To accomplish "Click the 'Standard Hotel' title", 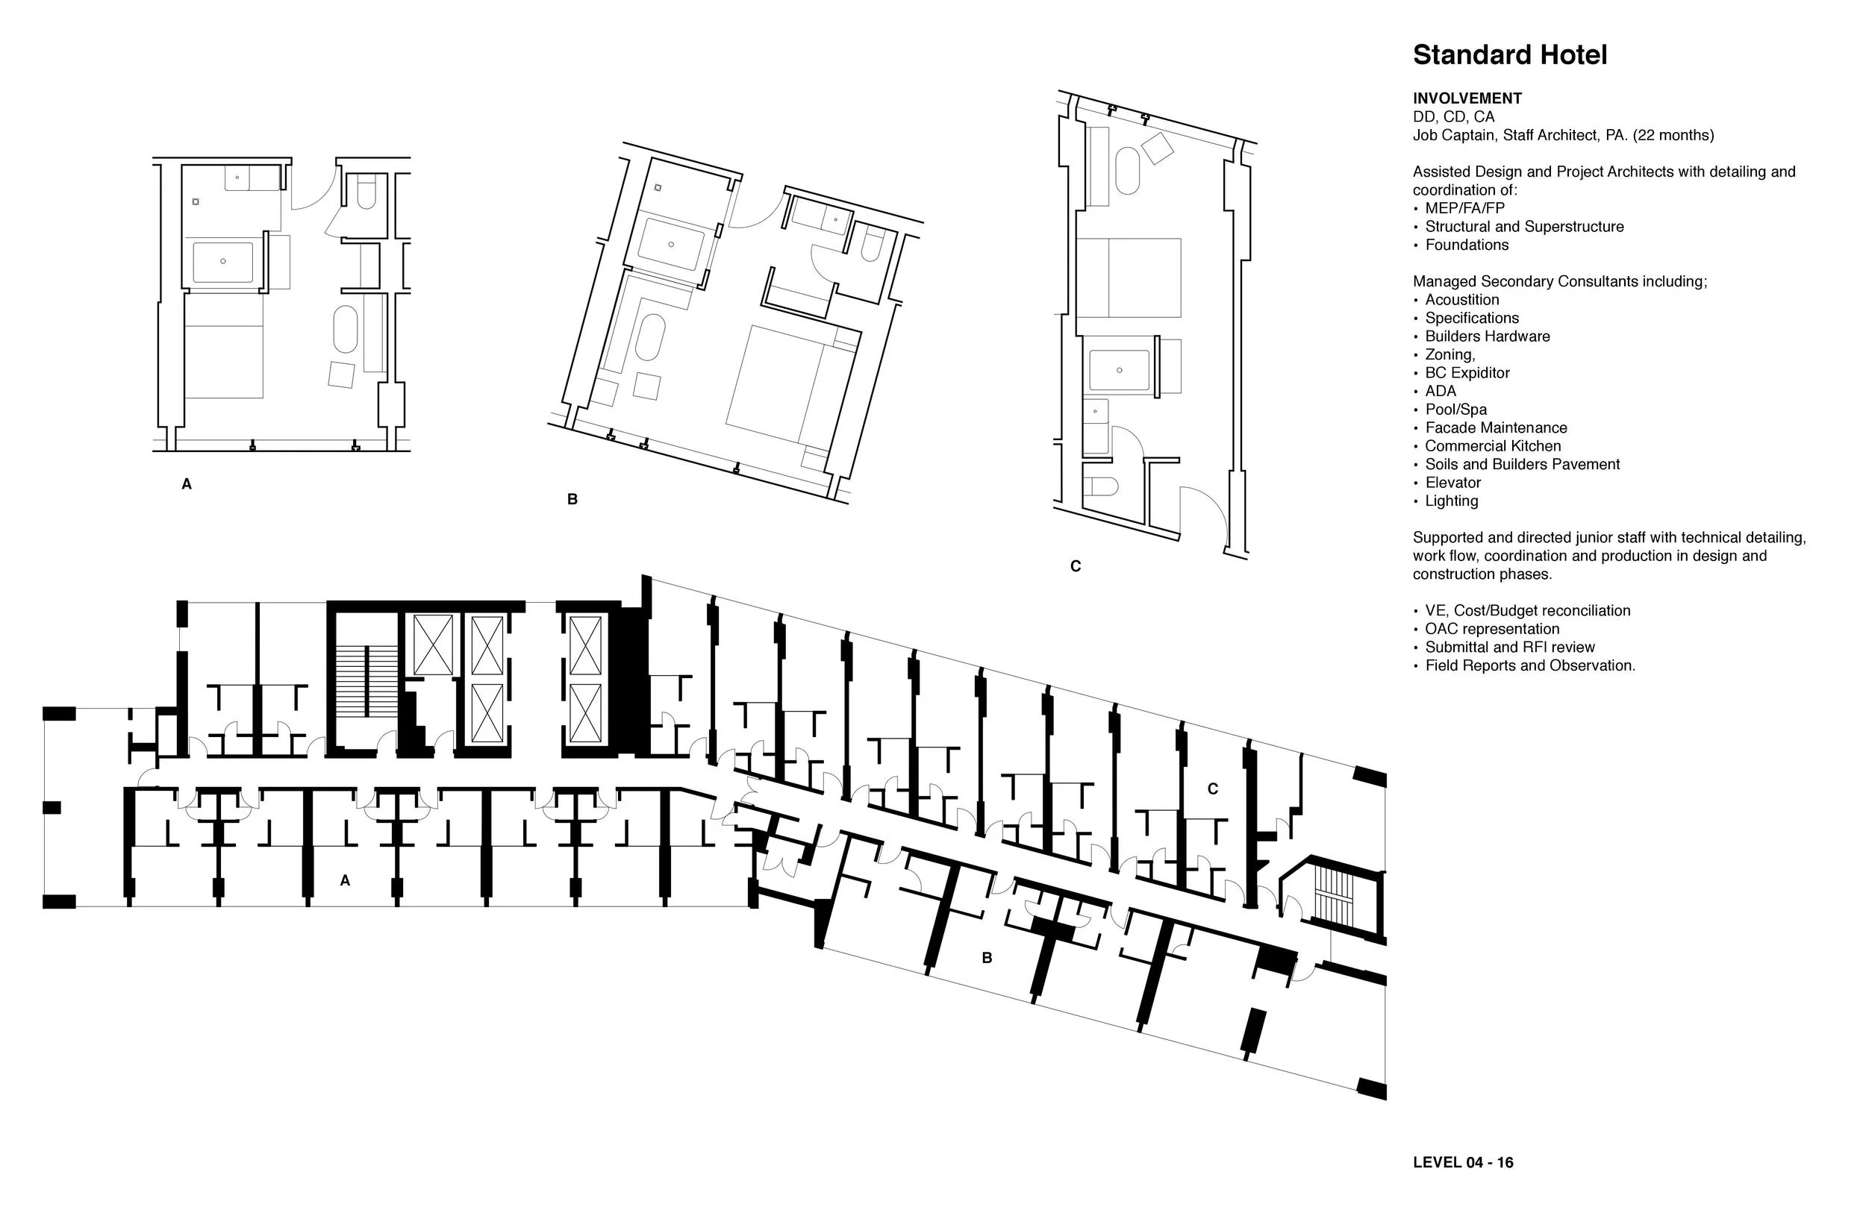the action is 1509,55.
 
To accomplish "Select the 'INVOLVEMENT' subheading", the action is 1467,98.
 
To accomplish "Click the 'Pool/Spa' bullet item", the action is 1455,409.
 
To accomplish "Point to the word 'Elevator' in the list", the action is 1452,483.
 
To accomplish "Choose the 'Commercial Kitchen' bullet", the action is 1493,446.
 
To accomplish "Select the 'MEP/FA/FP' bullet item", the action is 1464,208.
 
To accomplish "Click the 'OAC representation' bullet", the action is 1492,629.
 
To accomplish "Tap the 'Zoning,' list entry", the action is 1450,354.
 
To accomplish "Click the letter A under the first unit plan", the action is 187,484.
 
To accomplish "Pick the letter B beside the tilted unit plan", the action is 572,499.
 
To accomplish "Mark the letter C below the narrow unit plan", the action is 1076,567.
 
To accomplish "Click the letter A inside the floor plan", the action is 345,881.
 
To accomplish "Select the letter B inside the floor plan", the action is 987,958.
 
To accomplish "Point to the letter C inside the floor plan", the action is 1213,789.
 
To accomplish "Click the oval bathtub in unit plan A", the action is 346,329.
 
